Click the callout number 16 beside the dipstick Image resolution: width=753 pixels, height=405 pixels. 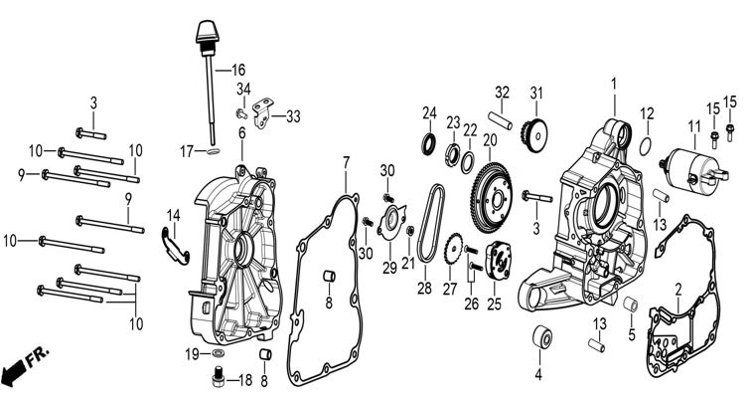pyautogui.click(x=237, y=70)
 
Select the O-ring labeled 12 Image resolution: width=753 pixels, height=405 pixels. pyautogui.click(x=645, y=145)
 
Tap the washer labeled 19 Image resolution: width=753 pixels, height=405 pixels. pyautogui.click(x=219, y=354)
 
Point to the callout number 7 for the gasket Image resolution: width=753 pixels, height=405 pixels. pyautogui.click(x=347, y=161)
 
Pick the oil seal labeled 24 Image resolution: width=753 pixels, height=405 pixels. pyautogui.click(x=429, y=145)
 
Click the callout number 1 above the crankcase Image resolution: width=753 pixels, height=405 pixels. pyautogui.click(x=613, y=83)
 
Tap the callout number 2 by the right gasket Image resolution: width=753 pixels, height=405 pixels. pyautogui.click(x=678, y=290)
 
